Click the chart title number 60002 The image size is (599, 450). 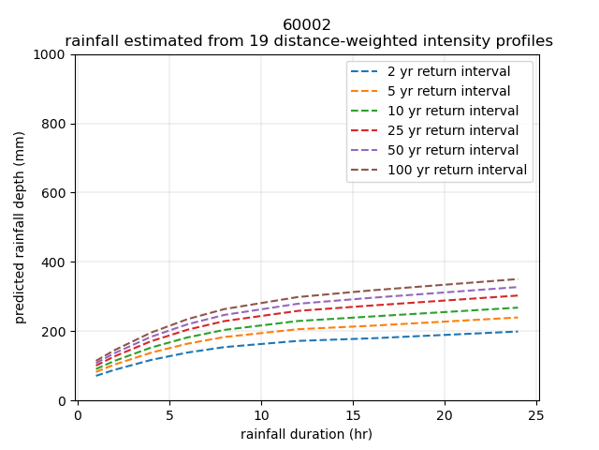(x=307, y=25)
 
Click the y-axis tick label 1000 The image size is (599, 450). (x=52, y=54)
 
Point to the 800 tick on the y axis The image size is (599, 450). (x=56, y=124)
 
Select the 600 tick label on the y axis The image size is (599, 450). (x=56, y=193)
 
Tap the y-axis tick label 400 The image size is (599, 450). (x=56, y=262)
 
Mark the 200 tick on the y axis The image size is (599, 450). (x=56, y=332)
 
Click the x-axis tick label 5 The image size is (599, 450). (x=169, y=413)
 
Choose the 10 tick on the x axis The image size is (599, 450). (x=261, y=413)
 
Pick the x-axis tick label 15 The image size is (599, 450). (x=353, y=413)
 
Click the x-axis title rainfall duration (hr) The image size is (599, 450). (x=307, y=433)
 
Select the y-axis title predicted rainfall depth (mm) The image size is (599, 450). (x=20, y=228)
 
